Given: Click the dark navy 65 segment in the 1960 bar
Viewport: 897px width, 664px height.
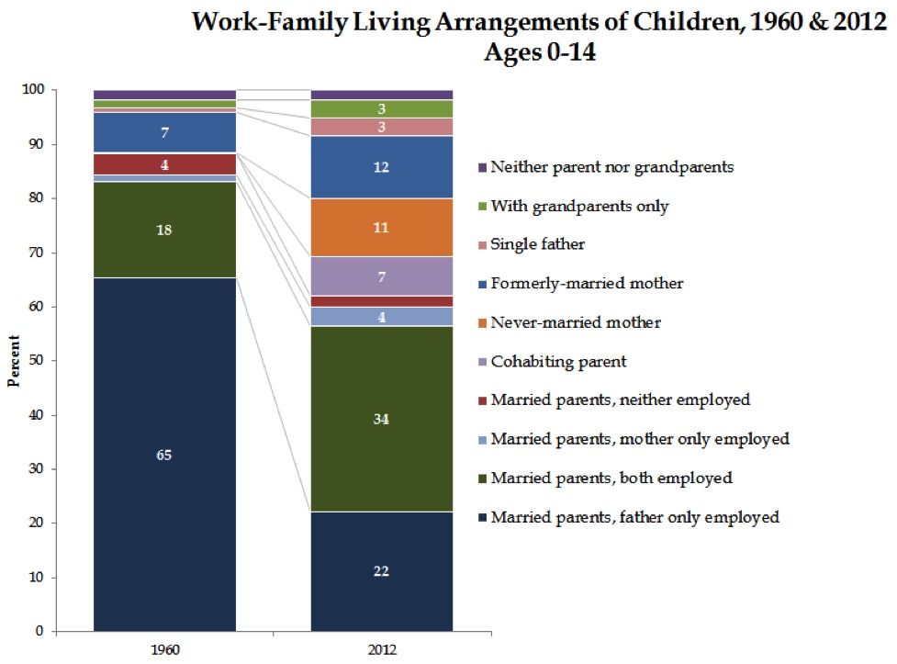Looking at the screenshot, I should click(x=164, y=455).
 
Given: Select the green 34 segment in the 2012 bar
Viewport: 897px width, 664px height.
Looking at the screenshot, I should click(x=381, y=419).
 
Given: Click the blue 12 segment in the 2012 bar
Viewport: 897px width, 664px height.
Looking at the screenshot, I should click(x=381, y=167).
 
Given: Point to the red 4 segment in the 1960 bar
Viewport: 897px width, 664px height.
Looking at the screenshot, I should click(x=164, y=165).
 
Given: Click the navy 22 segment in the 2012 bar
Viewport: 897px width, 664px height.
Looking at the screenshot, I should click(x=381, y=571).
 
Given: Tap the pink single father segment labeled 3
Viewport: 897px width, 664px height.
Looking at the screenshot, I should click(x=381, y=127).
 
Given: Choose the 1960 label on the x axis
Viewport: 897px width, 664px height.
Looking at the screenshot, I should click(x=165, y=648).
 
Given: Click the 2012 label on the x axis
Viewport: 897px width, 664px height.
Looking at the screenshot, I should click(x=382, y=648).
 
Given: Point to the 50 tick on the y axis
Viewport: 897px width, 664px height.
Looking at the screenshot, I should click(x=39, y=361).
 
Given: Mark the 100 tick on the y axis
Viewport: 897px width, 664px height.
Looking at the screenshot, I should click(x=37, y=90).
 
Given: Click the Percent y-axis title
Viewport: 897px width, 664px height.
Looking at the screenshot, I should click(x=14, y=361).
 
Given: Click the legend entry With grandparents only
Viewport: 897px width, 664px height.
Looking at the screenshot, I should click(x=579, y=207).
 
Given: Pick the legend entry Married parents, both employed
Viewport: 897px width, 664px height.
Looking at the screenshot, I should click(x=611, y=478).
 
